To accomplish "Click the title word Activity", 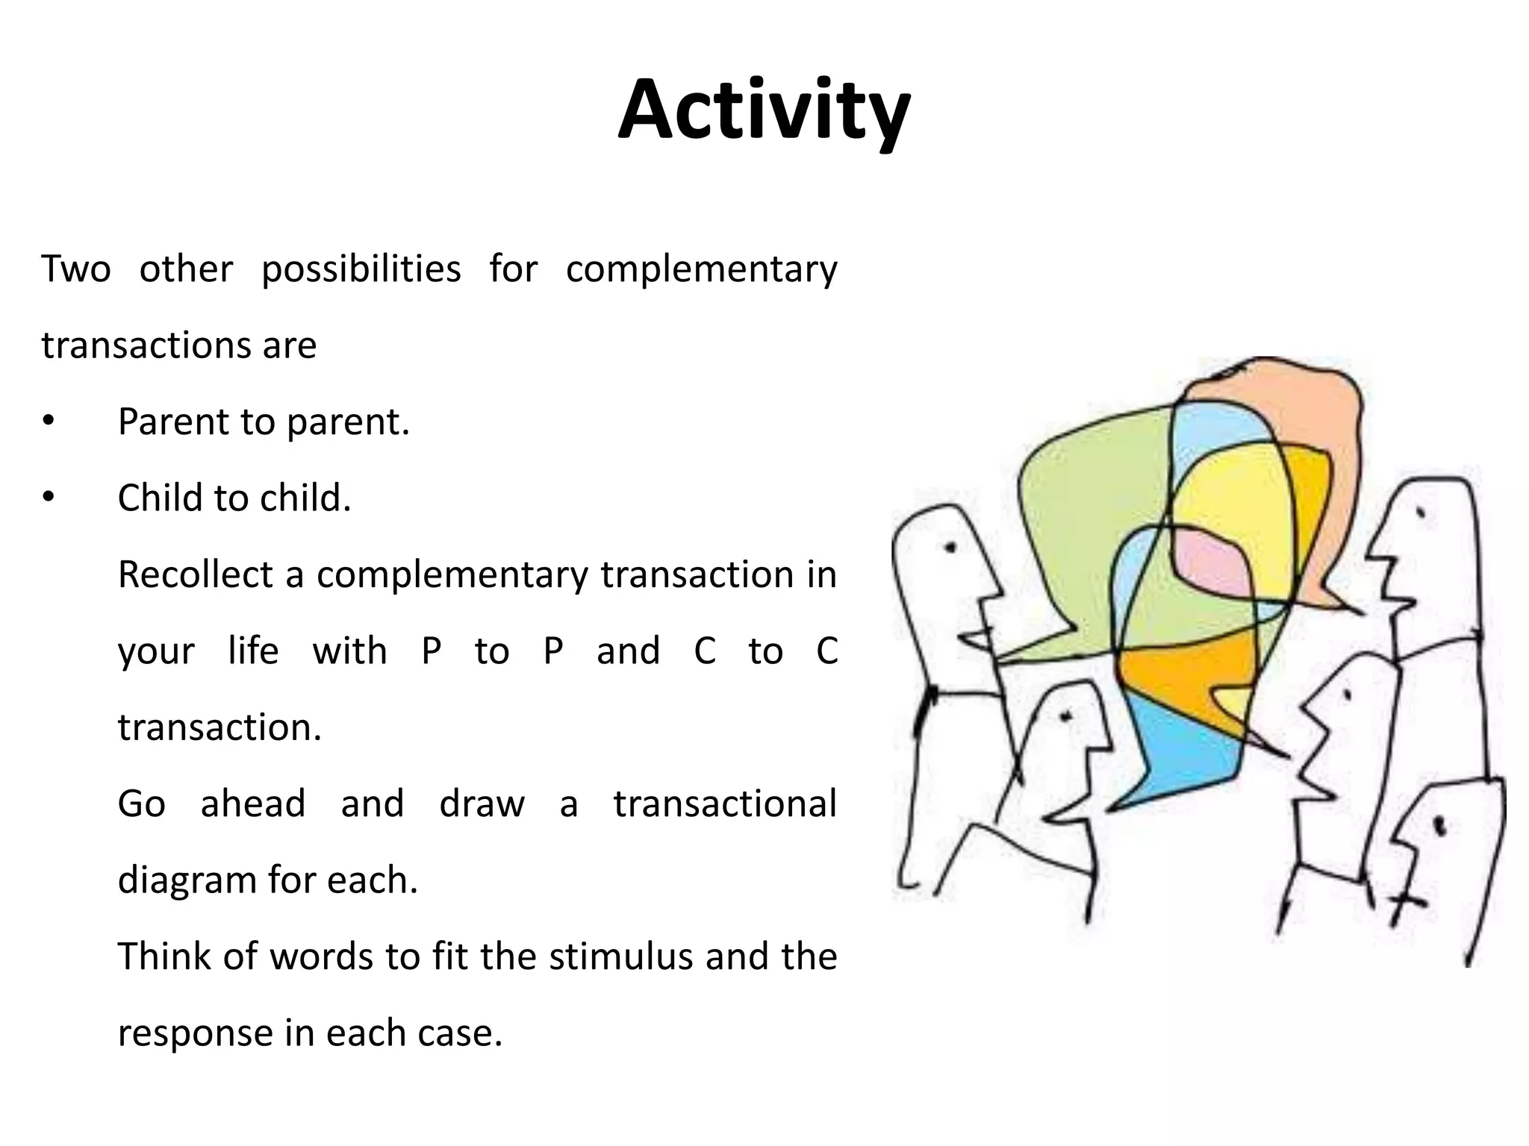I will coord(764,110).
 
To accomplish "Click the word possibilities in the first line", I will coord(361,270).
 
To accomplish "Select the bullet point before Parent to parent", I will coord(49,422).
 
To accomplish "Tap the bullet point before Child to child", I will coord(49,498).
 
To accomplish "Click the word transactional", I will coord(724,804).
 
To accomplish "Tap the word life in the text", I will coord(253,651).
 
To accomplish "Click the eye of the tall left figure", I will coord(950,547).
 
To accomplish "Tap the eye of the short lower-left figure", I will coord(1066,717).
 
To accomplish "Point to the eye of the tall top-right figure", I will coord(1421,513).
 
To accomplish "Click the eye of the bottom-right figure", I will coord(1440,825).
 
